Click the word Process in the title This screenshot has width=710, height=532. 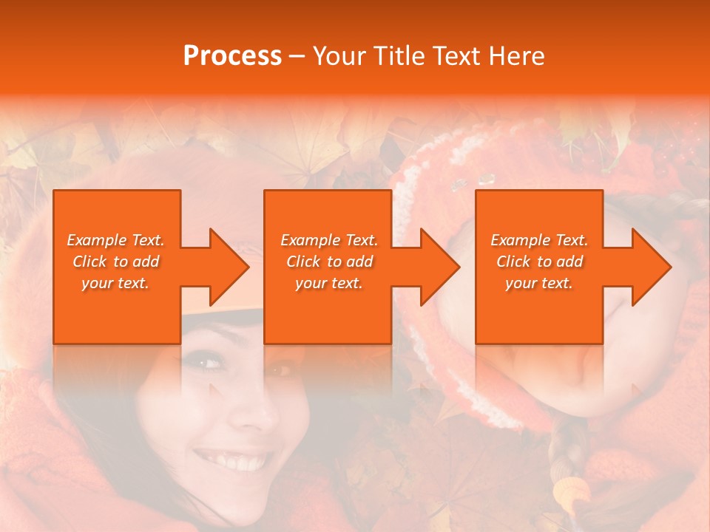coord(232,55)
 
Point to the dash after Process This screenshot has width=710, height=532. coord(297,56)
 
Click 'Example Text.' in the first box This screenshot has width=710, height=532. coord(115,239)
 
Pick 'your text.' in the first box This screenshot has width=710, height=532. coord(115,282)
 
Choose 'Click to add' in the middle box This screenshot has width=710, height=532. coord(329,261)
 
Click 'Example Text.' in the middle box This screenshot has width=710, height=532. coord(329,239)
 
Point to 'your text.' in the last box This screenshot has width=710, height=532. coord(539,282)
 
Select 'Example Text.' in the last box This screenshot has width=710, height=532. coord(539,239)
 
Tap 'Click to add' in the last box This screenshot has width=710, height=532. coord(539,261)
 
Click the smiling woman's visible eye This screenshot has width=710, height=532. coord(209,363)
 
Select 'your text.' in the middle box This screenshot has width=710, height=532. coord(329,282)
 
